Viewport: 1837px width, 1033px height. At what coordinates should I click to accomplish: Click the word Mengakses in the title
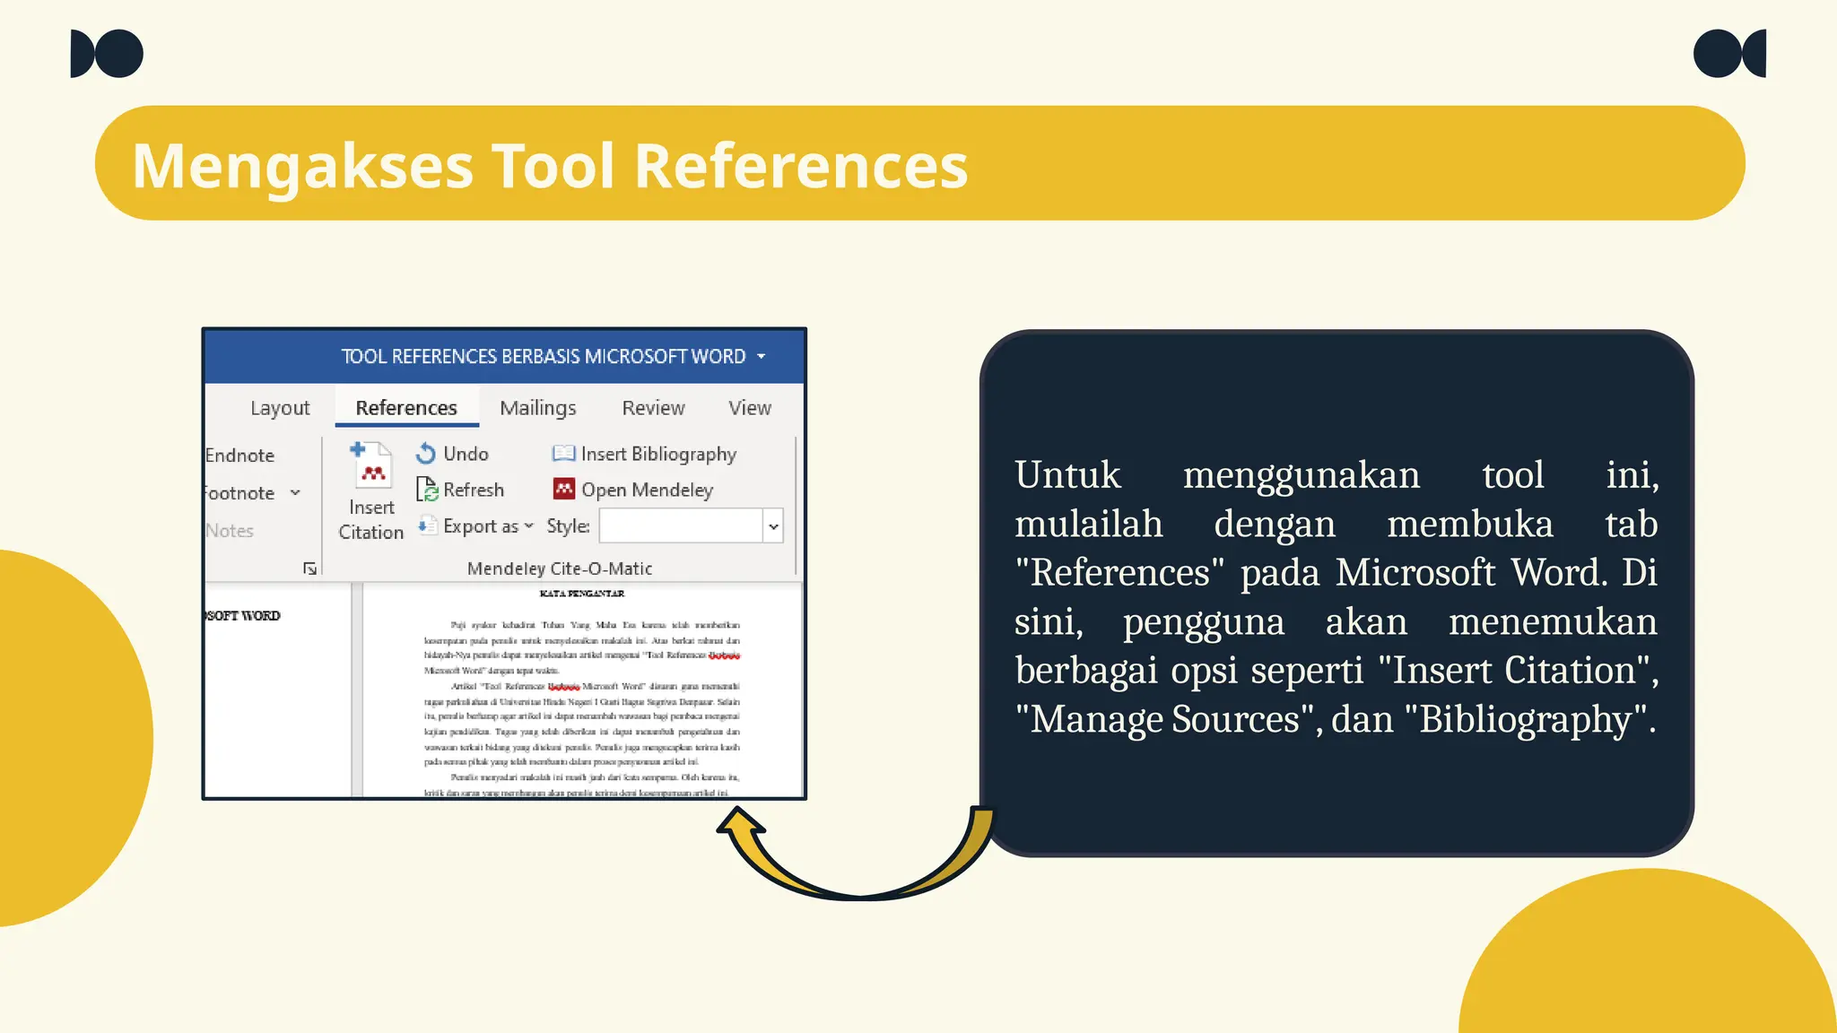click(302, 166)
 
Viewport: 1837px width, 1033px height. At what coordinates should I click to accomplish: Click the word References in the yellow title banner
click(801, 166)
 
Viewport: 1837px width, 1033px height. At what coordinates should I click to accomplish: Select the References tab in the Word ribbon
click(406, 408)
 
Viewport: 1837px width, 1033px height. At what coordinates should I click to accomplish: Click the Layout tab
click(280, 408)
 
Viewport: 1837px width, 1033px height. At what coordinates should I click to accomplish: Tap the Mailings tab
click(537, 408)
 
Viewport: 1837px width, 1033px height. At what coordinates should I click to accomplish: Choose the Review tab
click(653, 408)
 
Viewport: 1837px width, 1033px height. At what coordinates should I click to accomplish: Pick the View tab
click(750, 408)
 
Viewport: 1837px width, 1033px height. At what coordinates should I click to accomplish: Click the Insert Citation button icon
click(371, 464)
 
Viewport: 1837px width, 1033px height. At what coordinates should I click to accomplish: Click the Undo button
click(453, 454)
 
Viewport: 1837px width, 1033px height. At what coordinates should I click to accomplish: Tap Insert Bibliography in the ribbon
click(645, 454)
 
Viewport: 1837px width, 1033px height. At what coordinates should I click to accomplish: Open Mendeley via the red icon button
click(564, 489)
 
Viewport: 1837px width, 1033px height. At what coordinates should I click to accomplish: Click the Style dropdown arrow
click(773, 526)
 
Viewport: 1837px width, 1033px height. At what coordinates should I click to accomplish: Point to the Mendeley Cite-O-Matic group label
click(560, 569)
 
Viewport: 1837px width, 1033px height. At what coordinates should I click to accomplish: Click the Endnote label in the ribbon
click(239, 456)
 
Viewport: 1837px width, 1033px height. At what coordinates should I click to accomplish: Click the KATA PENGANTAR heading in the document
click(581, 594)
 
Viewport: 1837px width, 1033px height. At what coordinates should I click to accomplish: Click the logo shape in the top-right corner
click(1728, 54)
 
